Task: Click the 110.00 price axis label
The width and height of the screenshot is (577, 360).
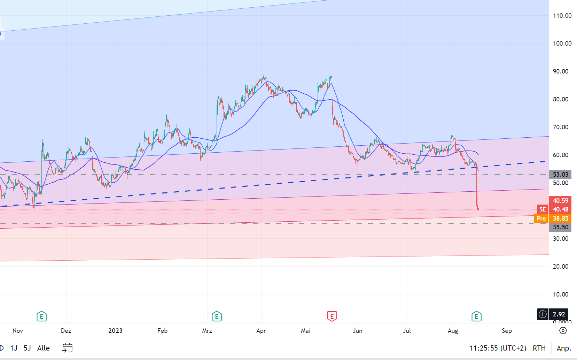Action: click(x=562, y=16)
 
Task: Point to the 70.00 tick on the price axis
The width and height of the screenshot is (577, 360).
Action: click(x=560, y=127)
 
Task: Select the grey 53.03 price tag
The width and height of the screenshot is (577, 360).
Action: click(x=560, y=174)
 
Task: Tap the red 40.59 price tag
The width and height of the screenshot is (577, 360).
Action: click(x=560, y=200)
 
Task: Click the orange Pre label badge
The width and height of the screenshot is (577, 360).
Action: click(x=541, y=219)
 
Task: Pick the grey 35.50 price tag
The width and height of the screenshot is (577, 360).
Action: click(x=560, y=227)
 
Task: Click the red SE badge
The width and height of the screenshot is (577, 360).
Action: click(x=543, y=209)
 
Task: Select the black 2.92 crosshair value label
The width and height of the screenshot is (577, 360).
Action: click(x=559, y=314)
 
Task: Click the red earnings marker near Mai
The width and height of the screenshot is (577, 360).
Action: click(x=332, y=316)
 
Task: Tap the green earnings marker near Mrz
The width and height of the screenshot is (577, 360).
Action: click(x=217, y=316)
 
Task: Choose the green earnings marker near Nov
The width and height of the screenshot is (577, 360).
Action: click(x=41, y=316)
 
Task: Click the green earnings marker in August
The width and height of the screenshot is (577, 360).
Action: click(x=476, y=316)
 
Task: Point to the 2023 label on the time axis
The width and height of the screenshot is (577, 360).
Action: click(x=115, y=331)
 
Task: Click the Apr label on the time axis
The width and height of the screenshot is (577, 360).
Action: click(x=261, y=331)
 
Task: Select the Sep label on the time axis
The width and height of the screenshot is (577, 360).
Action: click(x=507, y=331)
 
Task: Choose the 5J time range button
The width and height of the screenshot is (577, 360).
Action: click(x=27, y=348)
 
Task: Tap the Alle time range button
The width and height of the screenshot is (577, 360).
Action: click(x=44, y=348)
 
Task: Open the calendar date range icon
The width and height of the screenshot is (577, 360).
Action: click(x=67, y=348)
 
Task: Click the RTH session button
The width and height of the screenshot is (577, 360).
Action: click(x=539, y=348)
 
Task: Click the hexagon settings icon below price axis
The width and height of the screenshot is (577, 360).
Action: click(x=563, y=330)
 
